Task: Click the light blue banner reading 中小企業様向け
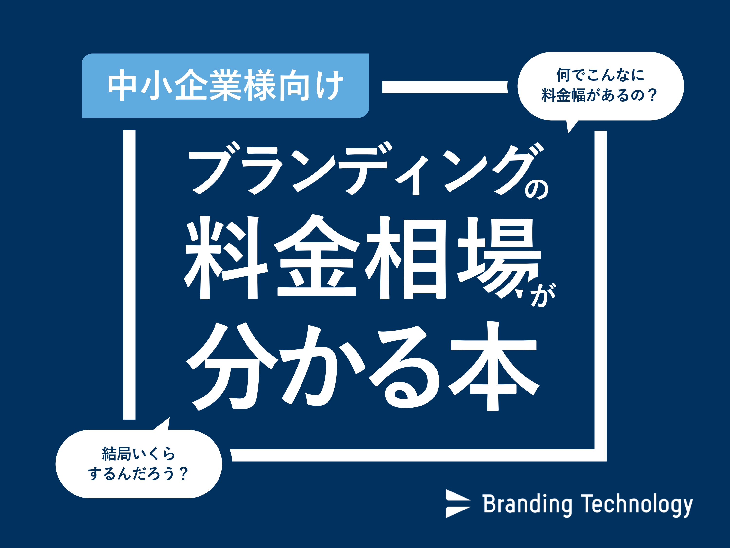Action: point(225,85)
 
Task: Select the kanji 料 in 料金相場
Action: point(226,258)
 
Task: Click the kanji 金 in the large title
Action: point(317,256)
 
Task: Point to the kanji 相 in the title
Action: point(406,258)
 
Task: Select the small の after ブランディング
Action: point(537,189)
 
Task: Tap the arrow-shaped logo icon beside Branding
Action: point(457,503)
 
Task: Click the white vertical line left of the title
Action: point(129,275)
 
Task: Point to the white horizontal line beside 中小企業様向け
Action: point(445,87)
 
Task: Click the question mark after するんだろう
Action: point(183,473)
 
